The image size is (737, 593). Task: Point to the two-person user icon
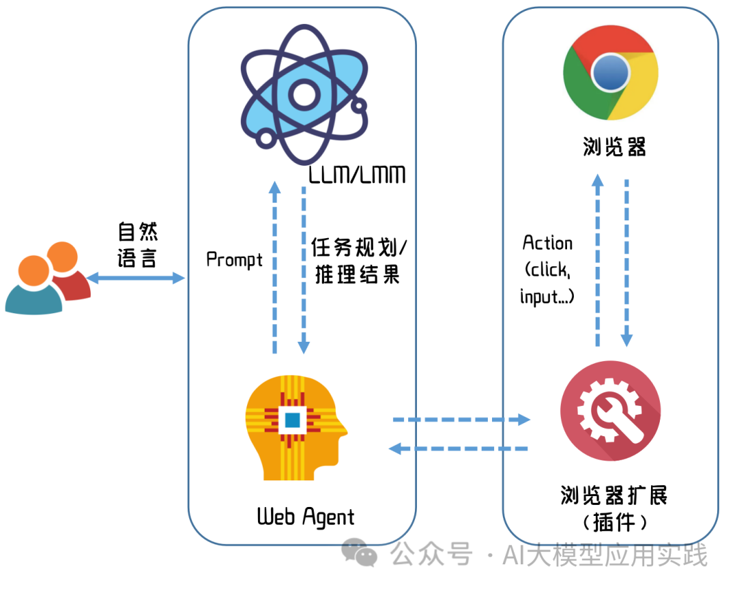tap(48, 284)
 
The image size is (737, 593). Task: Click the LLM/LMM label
tap(357, 175)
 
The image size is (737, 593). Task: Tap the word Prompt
tap(234, 259)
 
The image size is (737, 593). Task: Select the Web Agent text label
tap(306, 517)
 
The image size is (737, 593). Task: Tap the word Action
tap(547, 243)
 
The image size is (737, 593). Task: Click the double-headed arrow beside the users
tap(136, 278)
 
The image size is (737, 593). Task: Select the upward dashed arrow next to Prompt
tap(274, 266)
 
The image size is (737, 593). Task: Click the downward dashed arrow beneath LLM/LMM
tap(304, 266)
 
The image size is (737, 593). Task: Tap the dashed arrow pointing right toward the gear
tap(461, 420)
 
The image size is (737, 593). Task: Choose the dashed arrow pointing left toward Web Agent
tap(459, 448)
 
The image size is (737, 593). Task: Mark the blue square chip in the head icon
tap(293, 420)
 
